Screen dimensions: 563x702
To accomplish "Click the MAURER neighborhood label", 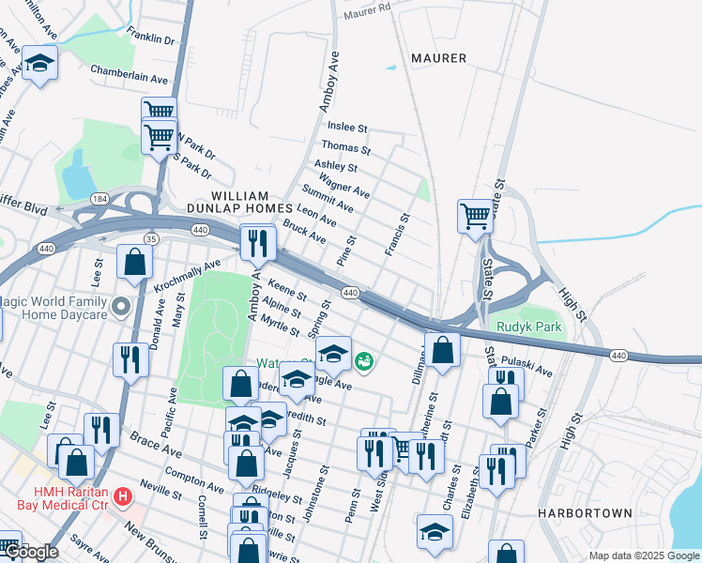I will click(438, 58).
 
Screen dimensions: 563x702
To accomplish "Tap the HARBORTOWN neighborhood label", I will click(574, 513).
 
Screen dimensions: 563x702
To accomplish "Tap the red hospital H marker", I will click(121, 495).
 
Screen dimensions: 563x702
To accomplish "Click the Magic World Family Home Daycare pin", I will click(120, 307).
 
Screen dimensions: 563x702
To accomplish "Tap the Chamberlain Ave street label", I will click(129, 74).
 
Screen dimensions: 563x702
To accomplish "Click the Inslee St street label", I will click(346, 127).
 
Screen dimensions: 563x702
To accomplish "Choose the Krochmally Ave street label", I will click(188, 273).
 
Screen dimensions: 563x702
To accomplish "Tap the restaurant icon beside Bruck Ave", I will click(256, 244).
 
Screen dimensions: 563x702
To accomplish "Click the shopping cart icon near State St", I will click(476, 217).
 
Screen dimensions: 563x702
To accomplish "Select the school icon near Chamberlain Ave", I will click(39, 64).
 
